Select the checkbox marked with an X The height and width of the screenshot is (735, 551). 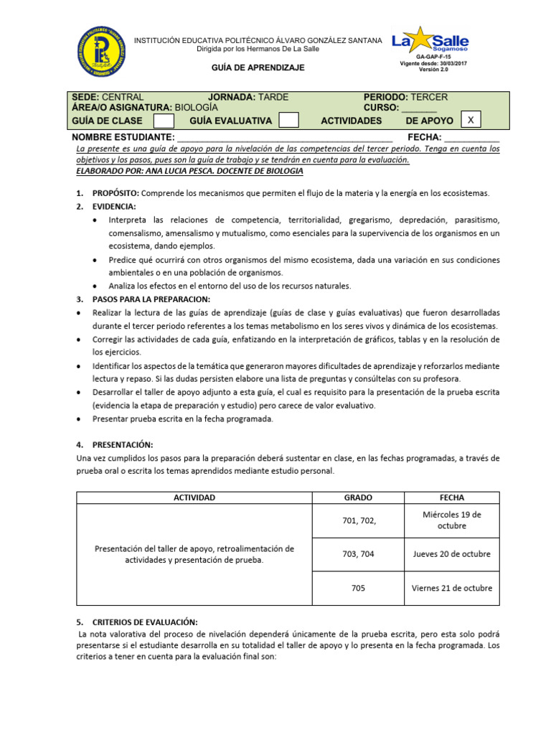(x=470, y=120)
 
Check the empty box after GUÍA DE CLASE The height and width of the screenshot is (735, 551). (x=164, y=121)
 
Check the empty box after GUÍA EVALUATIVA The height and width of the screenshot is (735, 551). (x=288, y=121)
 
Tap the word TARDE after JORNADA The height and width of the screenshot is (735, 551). (x=273, y=97)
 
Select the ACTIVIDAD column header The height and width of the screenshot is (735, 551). (x=194, y=497)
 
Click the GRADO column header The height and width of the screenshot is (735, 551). (x=358, y=497)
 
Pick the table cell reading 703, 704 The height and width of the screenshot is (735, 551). (x=358, y=554)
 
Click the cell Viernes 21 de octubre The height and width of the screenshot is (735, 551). (x=452, y=588)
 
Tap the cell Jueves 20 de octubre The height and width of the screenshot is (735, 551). (x=452, y=554)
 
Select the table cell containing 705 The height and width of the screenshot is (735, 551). (x=358, y=588)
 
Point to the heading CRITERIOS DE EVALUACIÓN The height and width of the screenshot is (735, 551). (x=144, y=622)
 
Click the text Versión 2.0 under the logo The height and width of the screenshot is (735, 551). (x=433, y=70)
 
